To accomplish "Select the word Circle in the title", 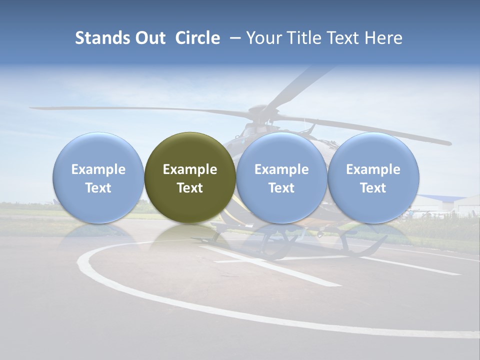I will pyautogui.click(x=197, y=38).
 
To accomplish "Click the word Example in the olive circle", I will pyautogui.click(x=190, y=169).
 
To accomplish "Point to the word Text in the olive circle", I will pyautogui.click(x=190, y=188).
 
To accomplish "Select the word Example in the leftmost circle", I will pyautogui.click(x=98, y=169).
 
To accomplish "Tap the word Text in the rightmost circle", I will pyautogui.click(x=373, y=188).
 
